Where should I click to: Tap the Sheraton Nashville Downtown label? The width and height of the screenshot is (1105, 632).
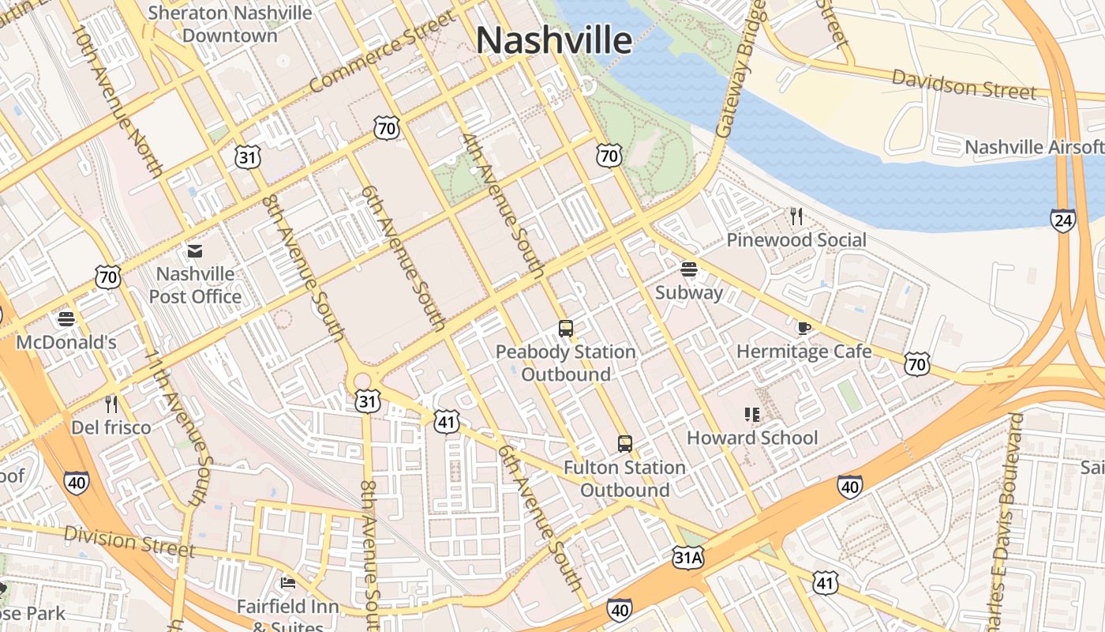[230, 24]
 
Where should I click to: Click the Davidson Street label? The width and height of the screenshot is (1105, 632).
[964, 85]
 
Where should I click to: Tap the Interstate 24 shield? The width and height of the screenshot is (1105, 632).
[1062, 220]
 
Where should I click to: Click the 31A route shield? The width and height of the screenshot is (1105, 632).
[687, 559]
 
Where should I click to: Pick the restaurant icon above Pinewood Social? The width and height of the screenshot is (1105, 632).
[796, 216]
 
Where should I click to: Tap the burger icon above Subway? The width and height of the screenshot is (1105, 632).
[688, 269]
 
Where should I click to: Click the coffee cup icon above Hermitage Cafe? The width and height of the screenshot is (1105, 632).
[803, 328]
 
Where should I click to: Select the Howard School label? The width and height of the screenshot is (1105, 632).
[751, 438]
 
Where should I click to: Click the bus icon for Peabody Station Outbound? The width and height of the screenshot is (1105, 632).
[565, 328]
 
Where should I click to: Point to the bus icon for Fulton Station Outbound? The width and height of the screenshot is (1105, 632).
[624, 444]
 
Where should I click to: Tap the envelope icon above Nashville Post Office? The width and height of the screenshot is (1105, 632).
[194, 251]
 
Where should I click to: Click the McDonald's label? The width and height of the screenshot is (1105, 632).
[66, 342]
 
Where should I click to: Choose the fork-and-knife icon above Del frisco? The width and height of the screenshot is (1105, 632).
[111, 404]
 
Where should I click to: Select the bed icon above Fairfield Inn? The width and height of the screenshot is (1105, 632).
[288, 583]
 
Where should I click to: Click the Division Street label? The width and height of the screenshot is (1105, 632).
[129, 541]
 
